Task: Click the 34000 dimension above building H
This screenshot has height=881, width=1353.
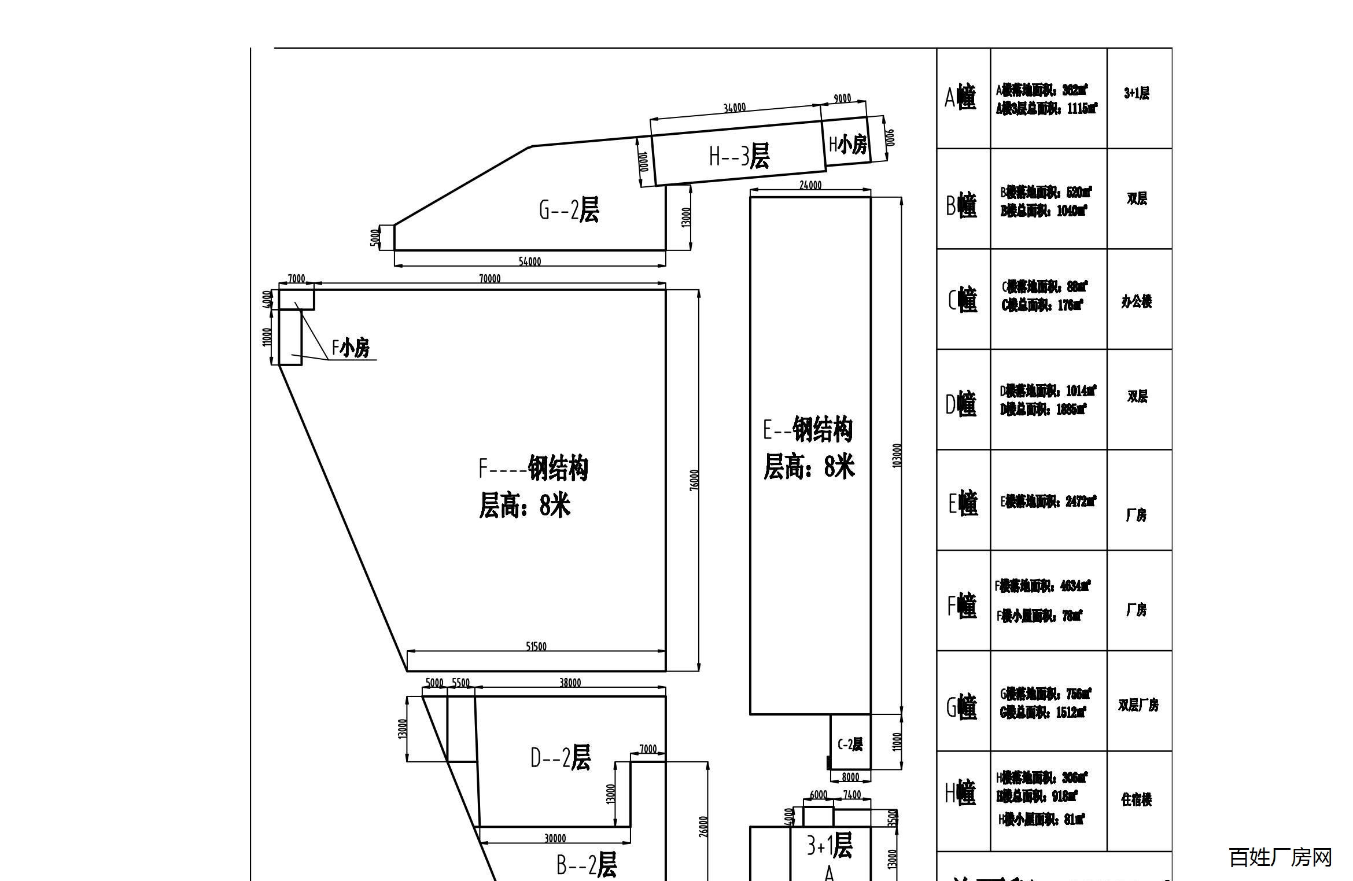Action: point(735,108)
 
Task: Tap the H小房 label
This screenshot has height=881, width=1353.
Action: point(848,144)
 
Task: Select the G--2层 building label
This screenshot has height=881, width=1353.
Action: point(569,209)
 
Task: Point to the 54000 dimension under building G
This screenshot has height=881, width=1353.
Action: point(529,261)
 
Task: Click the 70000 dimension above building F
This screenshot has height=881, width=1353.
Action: point(489,279)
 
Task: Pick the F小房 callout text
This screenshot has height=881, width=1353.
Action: point(351,348)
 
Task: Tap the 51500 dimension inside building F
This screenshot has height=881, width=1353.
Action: point(536,646)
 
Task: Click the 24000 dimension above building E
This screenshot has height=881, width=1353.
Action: point(810,185)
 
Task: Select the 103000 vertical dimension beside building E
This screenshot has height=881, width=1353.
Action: point(897,455)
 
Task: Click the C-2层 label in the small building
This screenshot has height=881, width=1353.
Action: point(850,744)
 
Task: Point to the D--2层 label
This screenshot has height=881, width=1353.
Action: point(561,757)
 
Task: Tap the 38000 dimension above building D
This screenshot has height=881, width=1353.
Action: point(570,683)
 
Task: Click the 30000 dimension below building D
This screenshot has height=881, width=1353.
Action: point(555,838)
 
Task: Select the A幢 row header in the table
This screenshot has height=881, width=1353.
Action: point(960,97)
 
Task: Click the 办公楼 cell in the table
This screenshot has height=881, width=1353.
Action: point(1137,301)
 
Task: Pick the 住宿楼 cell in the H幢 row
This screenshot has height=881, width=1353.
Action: point(1137,799)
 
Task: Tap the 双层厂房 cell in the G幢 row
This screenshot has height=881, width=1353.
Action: point(1138,705)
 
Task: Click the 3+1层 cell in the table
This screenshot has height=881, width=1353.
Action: point(1137,93)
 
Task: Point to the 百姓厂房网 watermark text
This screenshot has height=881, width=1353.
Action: point(1280,857)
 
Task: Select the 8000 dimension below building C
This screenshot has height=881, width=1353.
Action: point(850,777)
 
